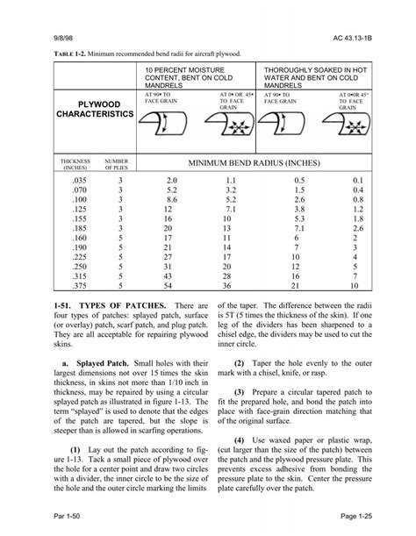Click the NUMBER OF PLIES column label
[x=117, y=165]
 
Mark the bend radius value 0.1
[x=356, y=179]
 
